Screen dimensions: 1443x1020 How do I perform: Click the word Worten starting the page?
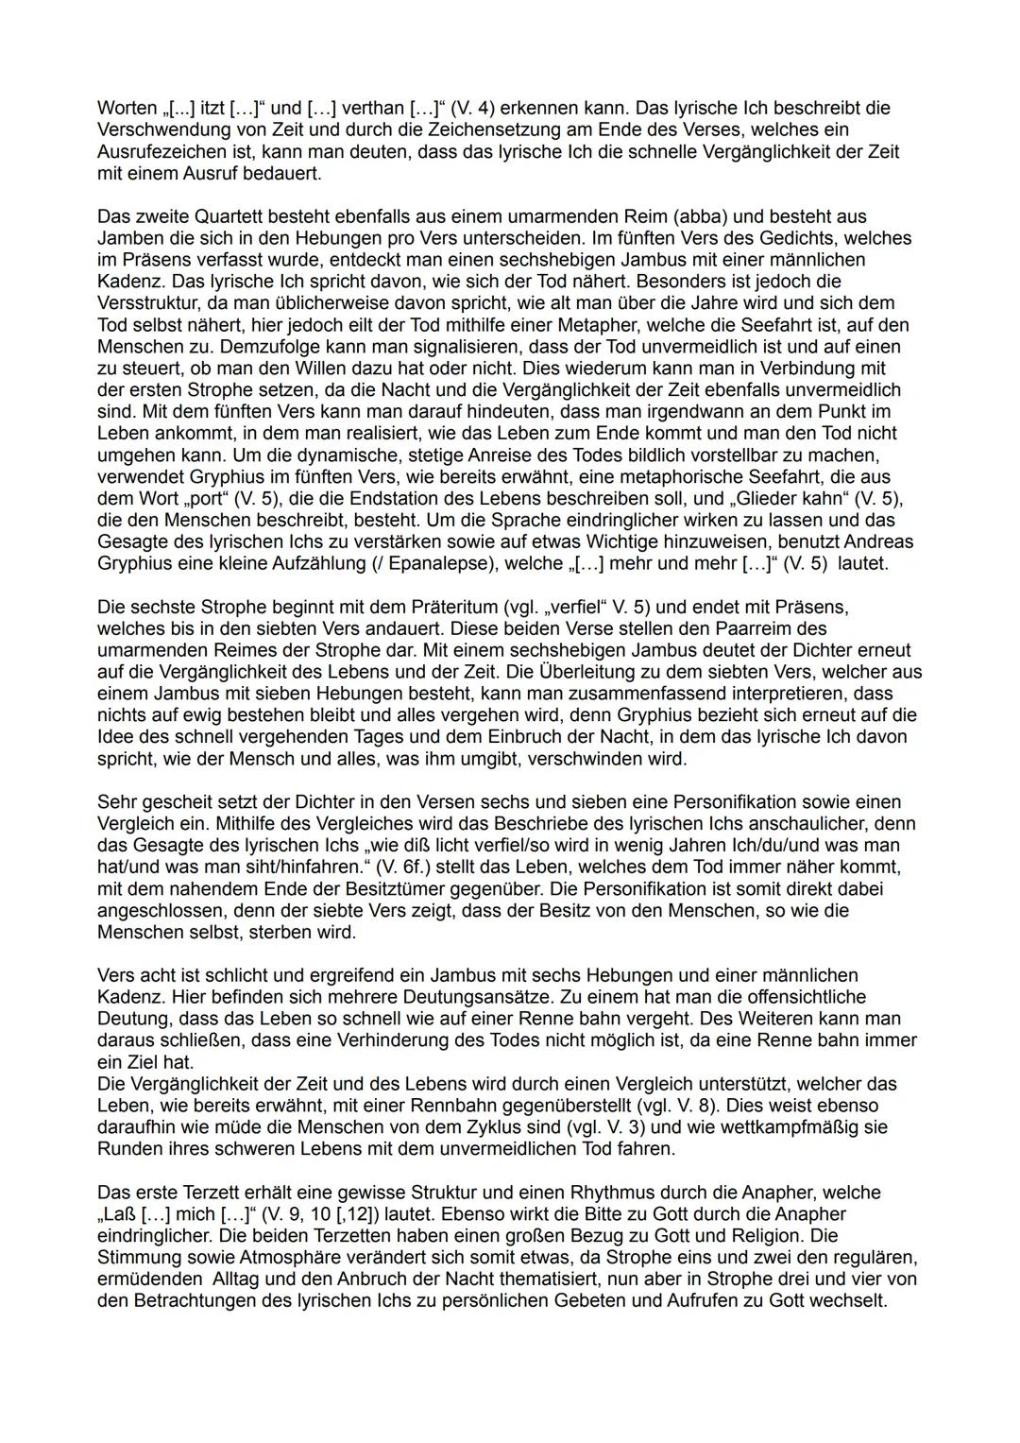(x=127, y=108)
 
